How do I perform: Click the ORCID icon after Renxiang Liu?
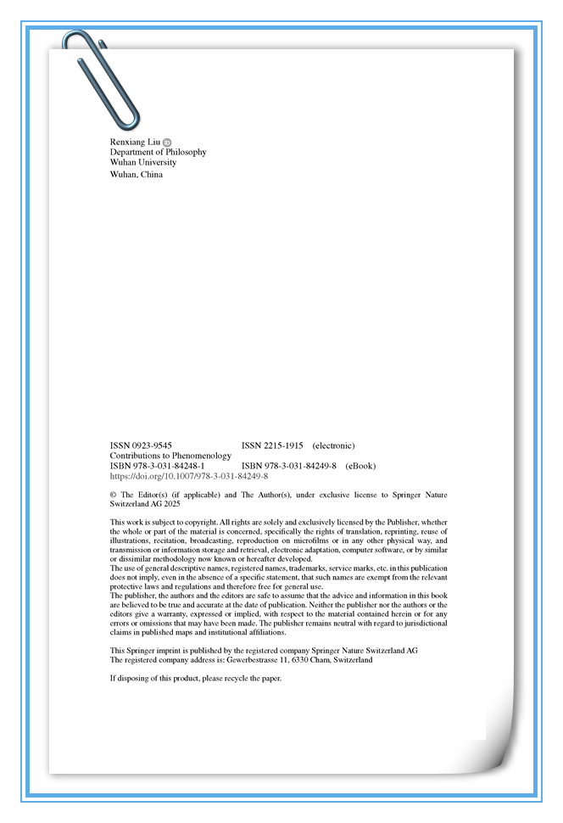[x=167, y=142]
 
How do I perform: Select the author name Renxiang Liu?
[x=135, y=142]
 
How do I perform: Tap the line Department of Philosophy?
[x=158, y=152]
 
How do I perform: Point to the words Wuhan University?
[x=143, y=162]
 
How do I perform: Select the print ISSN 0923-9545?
[x=141, y=445]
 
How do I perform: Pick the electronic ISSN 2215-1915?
[x=272, y=445]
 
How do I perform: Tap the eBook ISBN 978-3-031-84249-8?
[x=289, y=466]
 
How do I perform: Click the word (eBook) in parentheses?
[x=360, y=466]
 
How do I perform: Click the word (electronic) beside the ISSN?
[x=333, y=445]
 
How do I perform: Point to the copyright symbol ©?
[x=114, y=495]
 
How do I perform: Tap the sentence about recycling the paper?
[x=195, y=679]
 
